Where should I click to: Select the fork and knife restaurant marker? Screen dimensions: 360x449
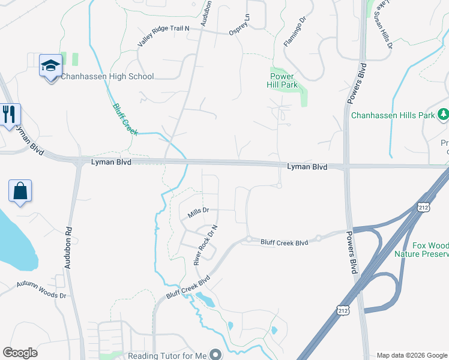[9, 114]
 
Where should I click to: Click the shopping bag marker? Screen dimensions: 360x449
[20, 191]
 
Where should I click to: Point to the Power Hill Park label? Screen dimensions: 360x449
[282, 80]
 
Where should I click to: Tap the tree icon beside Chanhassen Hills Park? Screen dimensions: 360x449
[443, 114]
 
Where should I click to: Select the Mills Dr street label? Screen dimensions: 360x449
[198, 211]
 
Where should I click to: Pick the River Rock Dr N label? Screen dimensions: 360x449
[203, 245]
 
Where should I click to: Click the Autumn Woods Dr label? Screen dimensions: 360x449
[41, 290]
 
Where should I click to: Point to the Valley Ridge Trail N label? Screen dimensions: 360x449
[163, 37]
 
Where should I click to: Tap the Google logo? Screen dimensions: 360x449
[20, 353]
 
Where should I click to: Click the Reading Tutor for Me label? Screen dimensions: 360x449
[167, 355]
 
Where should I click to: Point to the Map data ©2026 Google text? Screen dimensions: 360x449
[412, 355]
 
